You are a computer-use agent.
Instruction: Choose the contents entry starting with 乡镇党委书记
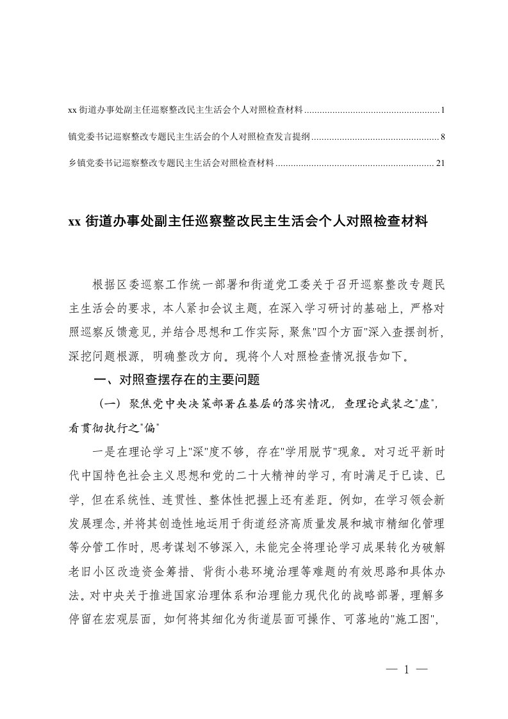pos(171,163)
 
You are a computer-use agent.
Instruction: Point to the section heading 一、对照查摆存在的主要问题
pos(177,380)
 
